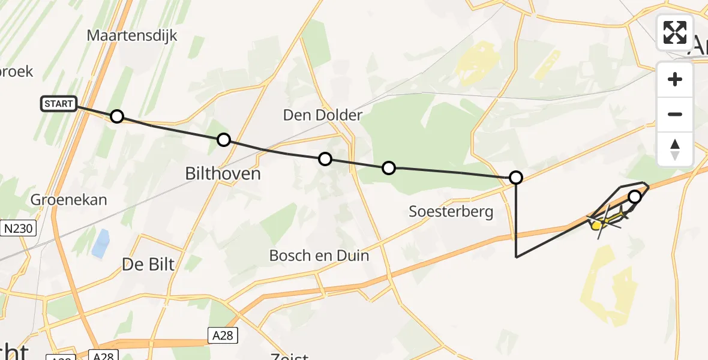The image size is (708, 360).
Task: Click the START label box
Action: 59,104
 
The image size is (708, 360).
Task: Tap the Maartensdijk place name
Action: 132,35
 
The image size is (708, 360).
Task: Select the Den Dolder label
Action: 323,115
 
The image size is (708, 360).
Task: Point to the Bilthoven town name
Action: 223,174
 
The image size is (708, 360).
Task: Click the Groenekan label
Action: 68,200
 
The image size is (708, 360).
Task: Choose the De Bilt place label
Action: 148,263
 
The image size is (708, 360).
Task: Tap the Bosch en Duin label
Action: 319,256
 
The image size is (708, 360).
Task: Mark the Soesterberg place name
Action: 451,211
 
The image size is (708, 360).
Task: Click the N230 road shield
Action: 19,228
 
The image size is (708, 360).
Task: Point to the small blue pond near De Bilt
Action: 101,243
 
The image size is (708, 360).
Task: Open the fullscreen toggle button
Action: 675,32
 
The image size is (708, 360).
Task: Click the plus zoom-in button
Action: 675,79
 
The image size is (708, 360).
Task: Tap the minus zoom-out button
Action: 675,114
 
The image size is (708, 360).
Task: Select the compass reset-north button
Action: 675,149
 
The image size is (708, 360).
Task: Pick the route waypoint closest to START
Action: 117,116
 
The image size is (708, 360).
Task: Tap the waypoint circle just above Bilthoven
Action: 224,140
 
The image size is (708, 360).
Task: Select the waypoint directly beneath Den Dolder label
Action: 325,159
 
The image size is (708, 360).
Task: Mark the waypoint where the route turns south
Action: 516,178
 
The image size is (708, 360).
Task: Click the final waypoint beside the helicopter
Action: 635,197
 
